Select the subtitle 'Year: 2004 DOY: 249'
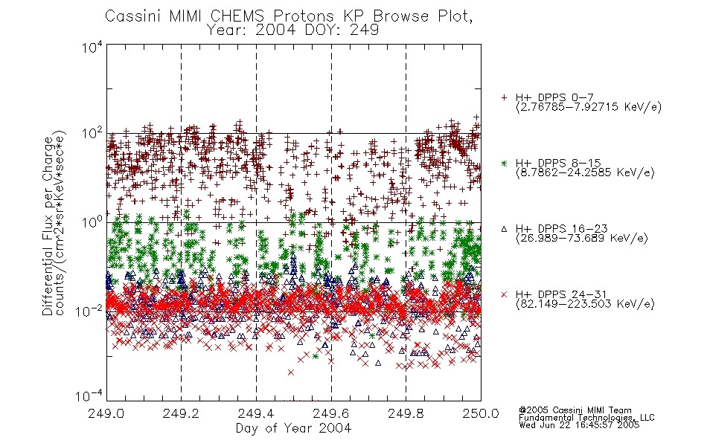tap(292, 30)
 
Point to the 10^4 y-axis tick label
tap(92, 47)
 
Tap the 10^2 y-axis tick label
tap(92, 134)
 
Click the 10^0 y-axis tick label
tap(92, 223)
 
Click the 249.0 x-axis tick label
tap(106, 413)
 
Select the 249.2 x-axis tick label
tap(182, 413)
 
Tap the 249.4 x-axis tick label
tap(256, 413)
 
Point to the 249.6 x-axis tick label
tap(331, 413)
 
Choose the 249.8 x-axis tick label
tap(406, 413)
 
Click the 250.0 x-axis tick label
tap(481, 413)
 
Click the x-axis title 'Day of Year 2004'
tap(293, 428)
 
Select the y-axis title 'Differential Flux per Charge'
tap(48, 225)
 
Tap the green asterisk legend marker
tap(504, 164)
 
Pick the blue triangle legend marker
tap(504, 229)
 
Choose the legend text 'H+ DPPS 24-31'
tap(561, 294)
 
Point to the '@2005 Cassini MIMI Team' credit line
tap(575, 410)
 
